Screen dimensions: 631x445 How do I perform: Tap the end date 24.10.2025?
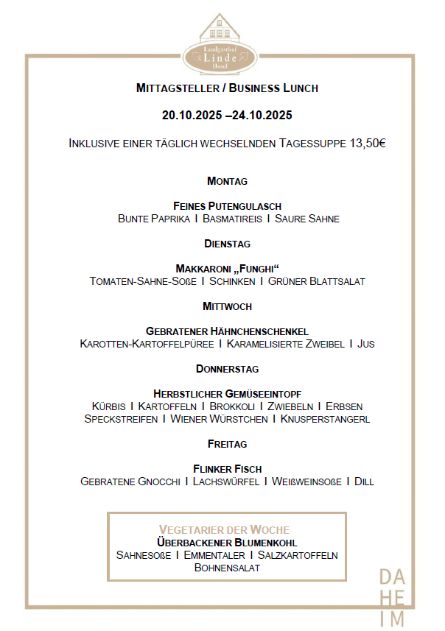tap(262, 115)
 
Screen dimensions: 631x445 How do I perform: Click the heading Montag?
tap(227, 180)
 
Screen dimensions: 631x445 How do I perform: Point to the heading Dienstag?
tap(227, 243)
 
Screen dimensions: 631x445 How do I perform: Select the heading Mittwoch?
tap(227, 306)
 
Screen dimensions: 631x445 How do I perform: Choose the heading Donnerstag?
tap(227, 368)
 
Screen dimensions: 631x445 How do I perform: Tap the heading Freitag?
tap(227, 444)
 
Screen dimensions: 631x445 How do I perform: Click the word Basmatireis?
tap(232, 219)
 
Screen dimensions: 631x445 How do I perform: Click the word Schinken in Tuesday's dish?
tap(232, 281)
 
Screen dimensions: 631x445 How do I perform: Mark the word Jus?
tap(366, 344)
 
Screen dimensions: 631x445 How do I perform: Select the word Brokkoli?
tap(232, 406)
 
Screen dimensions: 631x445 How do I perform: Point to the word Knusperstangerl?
tap(325, 419)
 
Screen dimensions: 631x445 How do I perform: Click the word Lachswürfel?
tap(225, 482)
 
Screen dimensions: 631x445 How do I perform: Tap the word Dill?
tap(364, 482)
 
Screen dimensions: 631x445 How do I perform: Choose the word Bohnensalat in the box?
tap(227, 568)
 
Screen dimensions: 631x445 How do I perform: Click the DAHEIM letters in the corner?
tap(391, 597)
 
